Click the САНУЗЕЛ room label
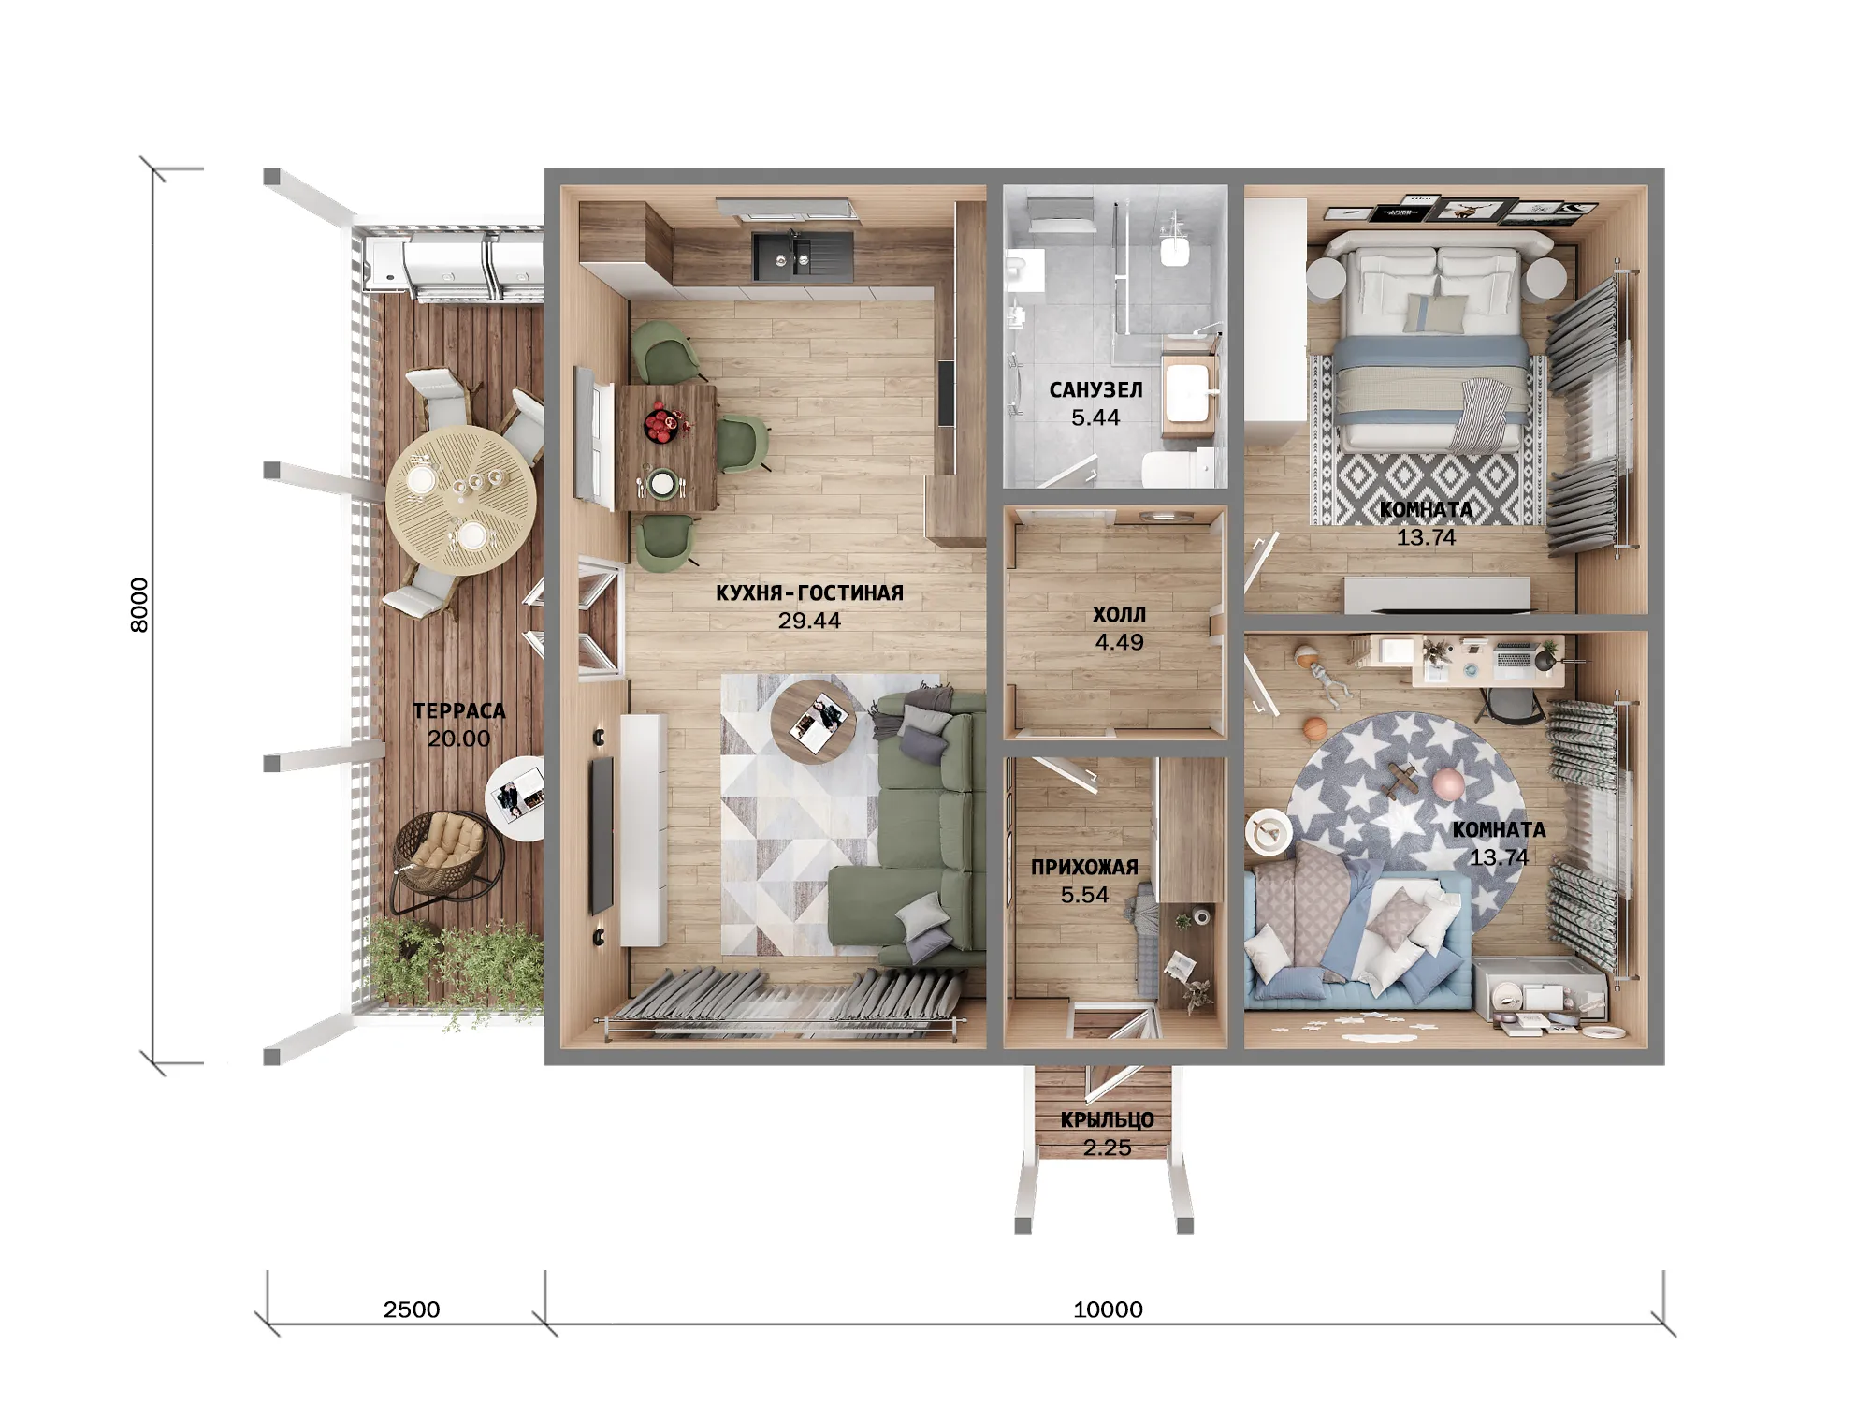click(x=1095, y=390)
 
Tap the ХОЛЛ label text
click(x=1119, y=615)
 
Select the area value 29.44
click(x=809, y=621)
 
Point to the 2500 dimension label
click(x=412, y=1309)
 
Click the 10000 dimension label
click(x=1108, y=1309)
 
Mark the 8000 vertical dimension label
click(x=138, y=606)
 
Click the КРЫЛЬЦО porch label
click(x=1107, y=1120)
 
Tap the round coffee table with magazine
click(x=813, y=722)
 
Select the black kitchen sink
click(x=803, y=256)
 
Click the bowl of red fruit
click(x=665, y=423)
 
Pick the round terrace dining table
click(x=461, y=500)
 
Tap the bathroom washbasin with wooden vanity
click(x=1190, y=395)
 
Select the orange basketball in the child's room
click(x=1314, y=727)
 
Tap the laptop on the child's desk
click(x=1516, y=658)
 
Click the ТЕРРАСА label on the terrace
click(x=459, y=711)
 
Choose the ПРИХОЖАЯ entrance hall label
click(x=1084, y=868)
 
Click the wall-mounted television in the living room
click(x=601, y=836)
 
